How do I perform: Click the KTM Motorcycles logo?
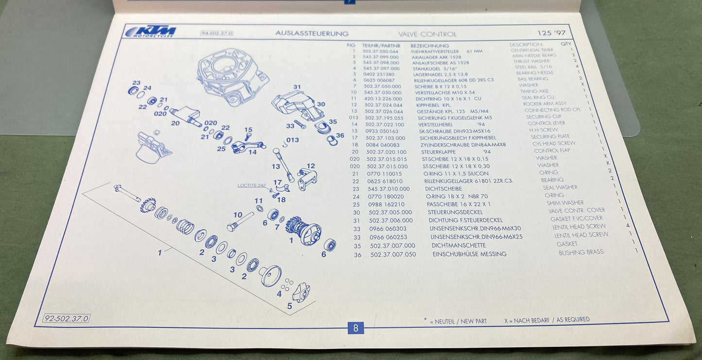tap(151, 32)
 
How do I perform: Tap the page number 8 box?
tap(356, 328)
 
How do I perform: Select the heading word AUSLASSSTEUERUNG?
tap(312, 34)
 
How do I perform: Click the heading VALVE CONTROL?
tap(427, 34)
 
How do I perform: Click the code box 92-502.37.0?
tap(67, 319)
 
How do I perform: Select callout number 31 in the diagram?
tap(297, 87)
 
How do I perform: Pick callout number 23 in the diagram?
tap(136, 83)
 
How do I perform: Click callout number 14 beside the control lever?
tap(253, 152)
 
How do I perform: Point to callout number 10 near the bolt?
tap(237, 215)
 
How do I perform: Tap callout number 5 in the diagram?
tap(290, 306)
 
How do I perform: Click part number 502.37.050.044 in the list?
tap(380, 51)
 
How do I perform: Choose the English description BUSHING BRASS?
tap(581, 253)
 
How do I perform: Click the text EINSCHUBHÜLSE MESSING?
tap(469, 254)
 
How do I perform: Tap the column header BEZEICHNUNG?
tap(427, 45)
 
